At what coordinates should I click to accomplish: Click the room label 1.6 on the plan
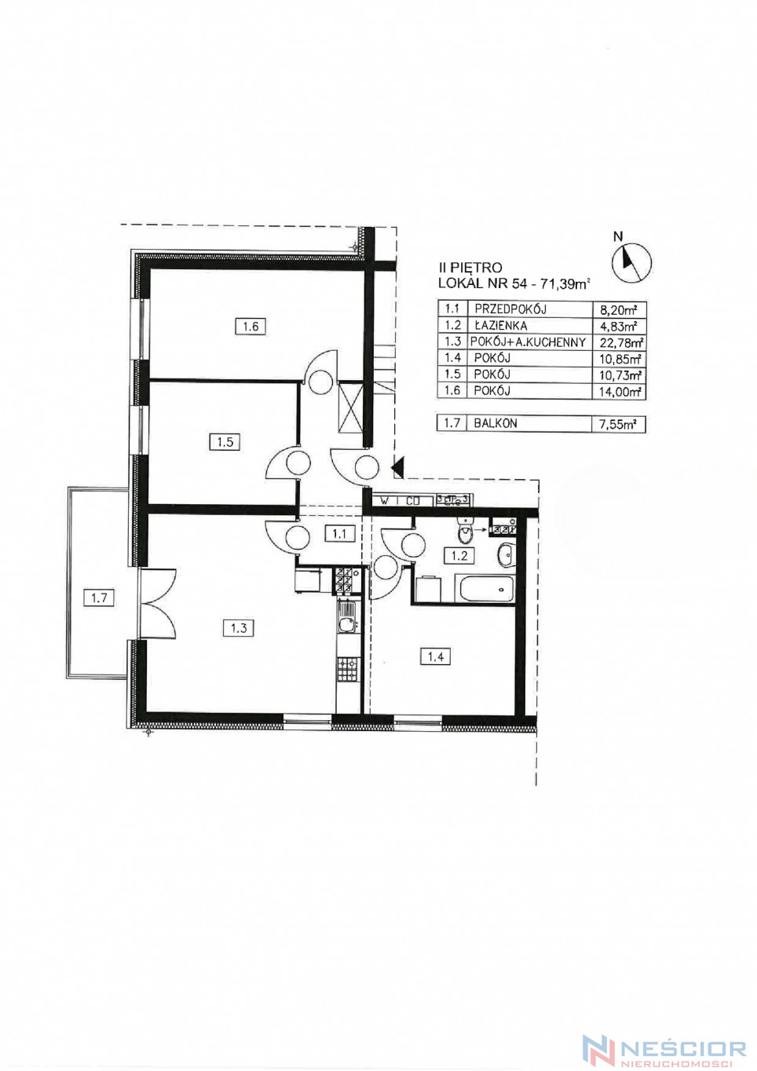click(251, 327)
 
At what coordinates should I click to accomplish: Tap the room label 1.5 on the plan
click(225, 442)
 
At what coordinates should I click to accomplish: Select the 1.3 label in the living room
click(239, 627)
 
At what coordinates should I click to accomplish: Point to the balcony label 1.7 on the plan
click(99, 598)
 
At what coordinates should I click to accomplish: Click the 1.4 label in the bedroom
click(436, 656)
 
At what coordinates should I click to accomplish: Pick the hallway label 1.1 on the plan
click(339, 533)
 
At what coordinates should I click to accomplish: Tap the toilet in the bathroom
click(464, 531)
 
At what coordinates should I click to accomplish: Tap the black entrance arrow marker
click(398, 467)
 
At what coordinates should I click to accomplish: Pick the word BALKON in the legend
click(496, 424)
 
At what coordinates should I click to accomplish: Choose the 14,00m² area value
click(620, 392)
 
